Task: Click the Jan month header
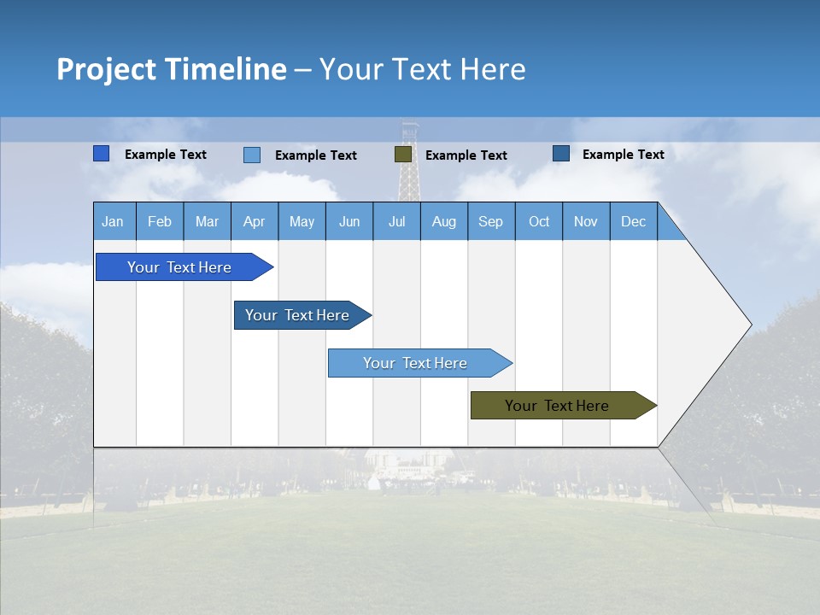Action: [114, 221]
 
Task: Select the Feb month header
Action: [160, 221]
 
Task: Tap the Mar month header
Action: [207, 221]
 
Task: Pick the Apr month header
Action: [255, 221]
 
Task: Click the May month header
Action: [302, 221]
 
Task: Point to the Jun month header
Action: [349, 221]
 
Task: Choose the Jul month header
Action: [396, 221]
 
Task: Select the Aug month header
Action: [444, 221]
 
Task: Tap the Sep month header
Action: [491, 221]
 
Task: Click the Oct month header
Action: [539, 221]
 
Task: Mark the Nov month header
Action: [586, 221]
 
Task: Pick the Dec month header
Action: [634, 221]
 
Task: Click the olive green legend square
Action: [403, 155]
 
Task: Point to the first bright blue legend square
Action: [102, 154]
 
